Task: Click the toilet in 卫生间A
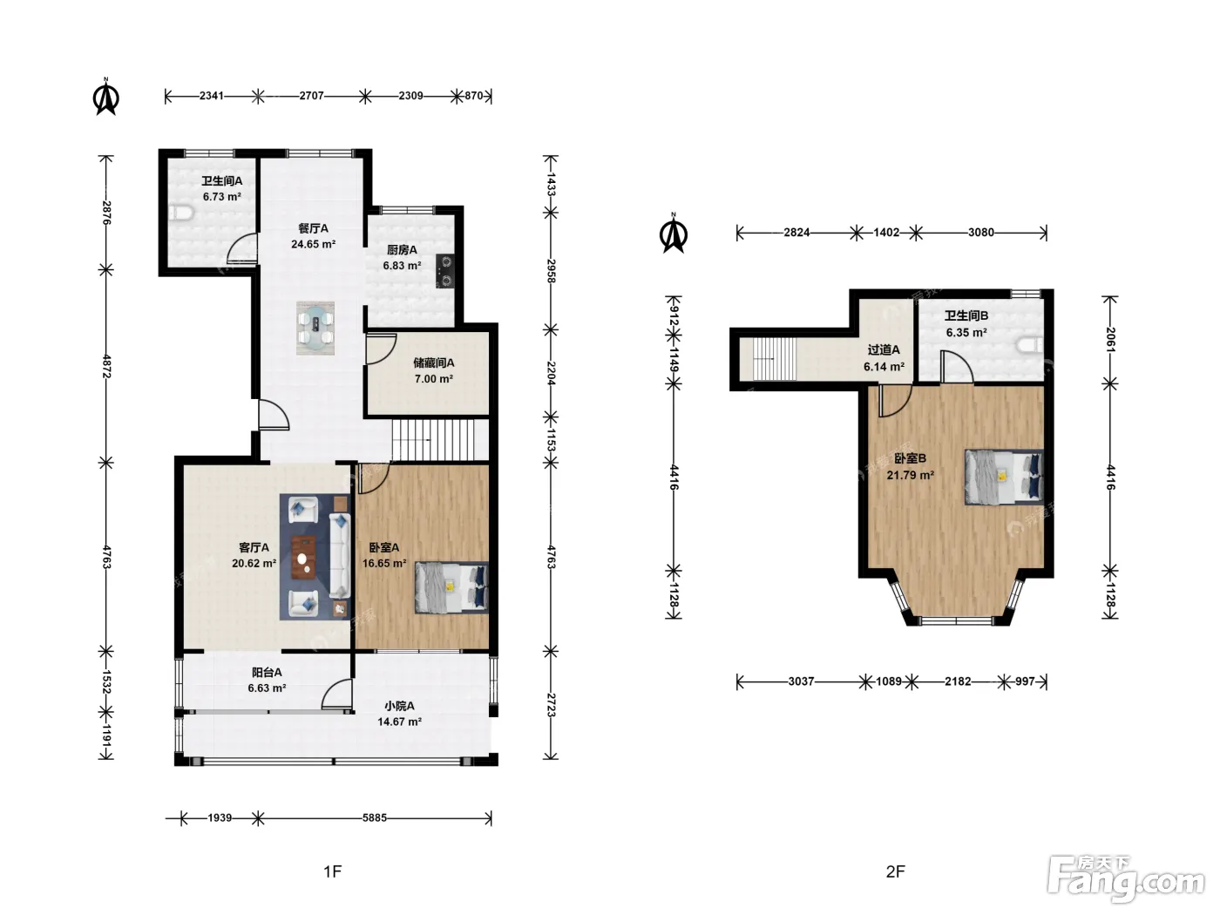pos(180,213)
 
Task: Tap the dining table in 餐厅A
pos(315,328)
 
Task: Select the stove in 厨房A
pos(445,270)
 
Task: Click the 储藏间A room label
pos(433,363)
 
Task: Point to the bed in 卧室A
pos(451,587)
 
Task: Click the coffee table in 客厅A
pos(303,557)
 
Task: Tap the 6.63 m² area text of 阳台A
pos(267,688)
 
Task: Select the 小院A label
pos(399,706)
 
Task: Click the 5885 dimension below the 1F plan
pos(374,817)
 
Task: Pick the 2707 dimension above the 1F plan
pos(311,96)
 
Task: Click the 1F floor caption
pos(332,871)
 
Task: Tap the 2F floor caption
pos(895,871)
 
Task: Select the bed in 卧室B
pos(1004,477)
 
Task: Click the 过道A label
pos(884,349)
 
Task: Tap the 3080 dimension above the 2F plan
pos(981,232)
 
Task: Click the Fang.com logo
pos(1126,878)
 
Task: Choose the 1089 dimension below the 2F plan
pos(889,681)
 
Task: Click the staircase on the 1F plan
pos(440,440)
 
